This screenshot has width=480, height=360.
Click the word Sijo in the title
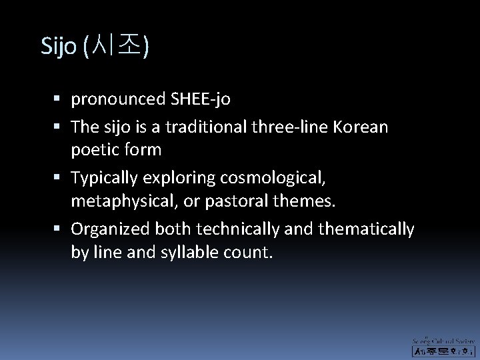59,46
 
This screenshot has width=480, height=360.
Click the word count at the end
250,253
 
